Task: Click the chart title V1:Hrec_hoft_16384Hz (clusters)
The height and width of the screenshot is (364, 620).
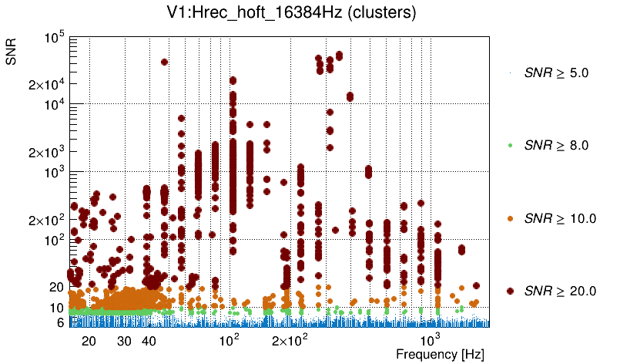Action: coord(310,14)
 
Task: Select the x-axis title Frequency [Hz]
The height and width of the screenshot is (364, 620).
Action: coord(430,355)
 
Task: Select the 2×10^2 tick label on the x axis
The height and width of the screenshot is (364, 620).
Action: coord(290,340)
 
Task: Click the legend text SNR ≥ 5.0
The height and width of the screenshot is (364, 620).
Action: coord(556,73)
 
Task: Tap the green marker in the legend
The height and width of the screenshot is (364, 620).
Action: coord(510,145)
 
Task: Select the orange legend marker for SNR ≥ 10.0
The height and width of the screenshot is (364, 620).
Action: coord(510,218)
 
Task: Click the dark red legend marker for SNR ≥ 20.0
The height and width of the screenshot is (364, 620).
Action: coord(510,291)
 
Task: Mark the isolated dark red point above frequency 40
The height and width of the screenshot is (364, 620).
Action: coord(164,62)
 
